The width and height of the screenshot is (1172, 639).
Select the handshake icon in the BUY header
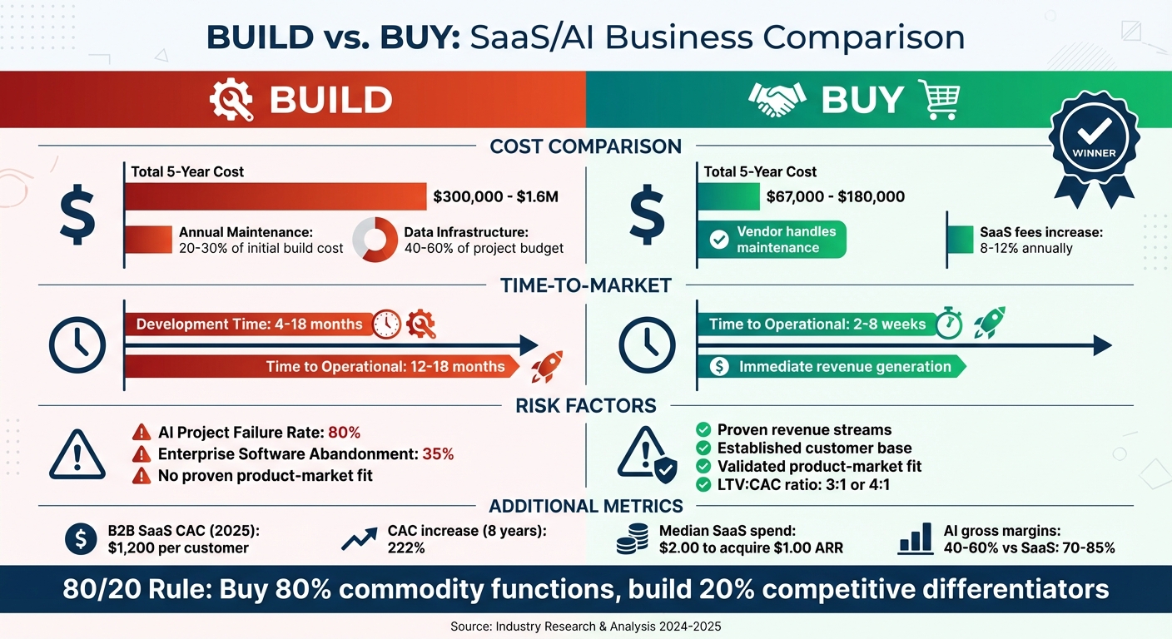(x=777, y=101)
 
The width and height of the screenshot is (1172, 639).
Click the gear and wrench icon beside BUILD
(x=231, y=101)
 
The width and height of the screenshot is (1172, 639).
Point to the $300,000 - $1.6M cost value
(x=495, y=197)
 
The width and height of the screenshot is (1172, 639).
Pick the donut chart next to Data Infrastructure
(x=375, y=240)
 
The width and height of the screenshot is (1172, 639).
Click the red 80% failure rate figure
(x=344, y=432)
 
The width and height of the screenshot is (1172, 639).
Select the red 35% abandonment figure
(x=437, y=453)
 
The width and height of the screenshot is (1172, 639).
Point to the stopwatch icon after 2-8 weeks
(x=949, y=324)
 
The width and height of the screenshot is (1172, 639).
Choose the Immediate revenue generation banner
(x=832, y=366)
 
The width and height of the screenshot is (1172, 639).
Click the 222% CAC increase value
(x=406, y=548)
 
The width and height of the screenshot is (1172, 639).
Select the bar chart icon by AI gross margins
(x=916, y=540)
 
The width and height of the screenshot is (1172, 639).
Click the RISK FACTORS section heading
(x=585, y=406)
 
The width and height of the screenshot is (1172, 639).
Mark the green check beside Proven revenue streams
(x=703, y=430)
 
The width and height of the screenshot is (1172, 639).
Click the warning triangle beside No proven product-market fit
(x=141, y=476)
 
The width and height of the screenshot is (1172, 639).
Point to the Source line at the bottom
(x=585, y=625)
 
